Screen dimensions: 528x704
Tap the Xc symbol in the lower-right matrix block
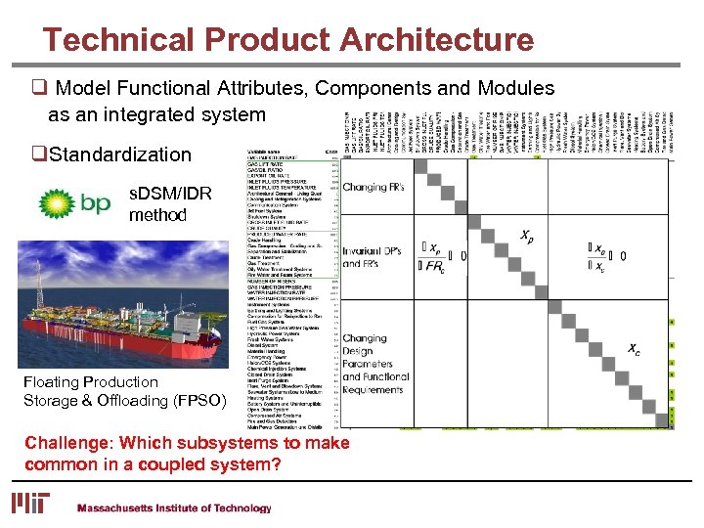[634, 348]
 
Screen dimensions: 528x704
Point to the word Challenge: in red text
[65, 443]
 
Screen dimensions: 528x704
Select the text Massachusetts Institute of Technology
[174, 508]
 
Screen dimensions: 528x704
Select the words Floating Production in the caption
[90, 382]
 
